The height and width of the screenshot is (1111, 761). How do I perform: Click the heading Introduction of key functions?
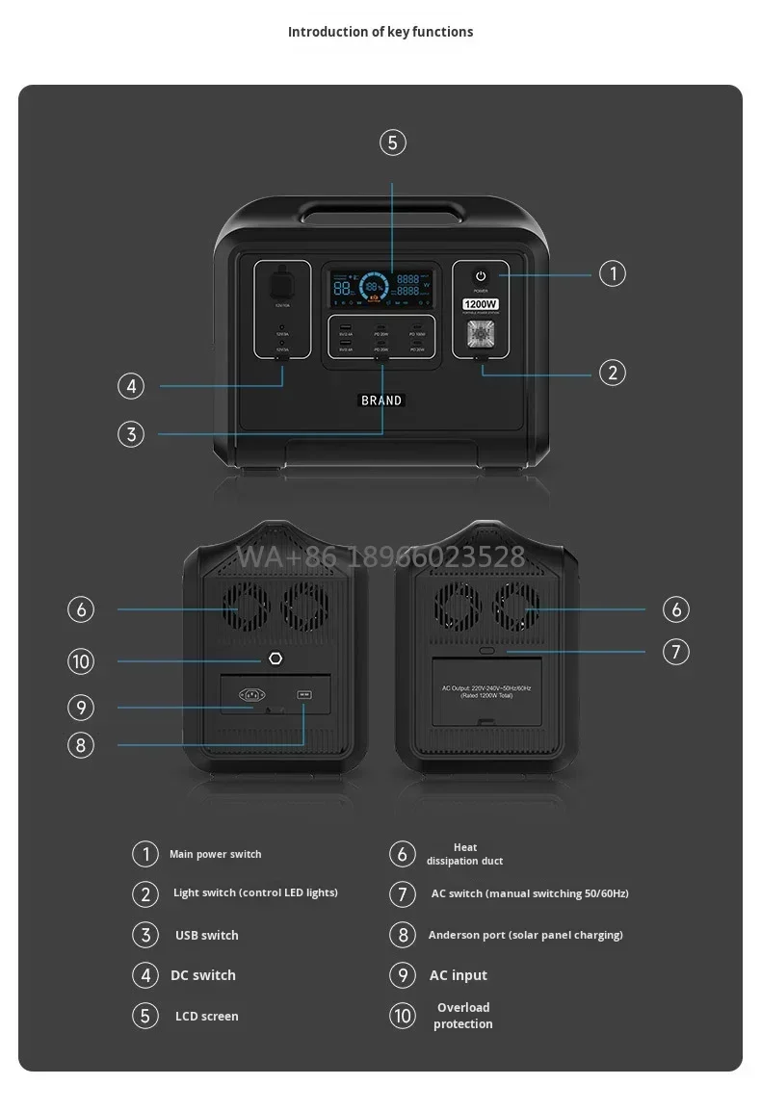pos(380,32)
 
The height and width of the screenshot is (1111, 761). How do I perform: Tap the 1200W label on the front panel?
pos(479,304)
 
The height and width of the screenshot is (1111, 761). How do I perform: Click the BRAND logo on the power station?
pos(381,400)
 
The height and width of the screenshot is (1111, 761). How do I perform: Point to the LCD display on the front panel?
pos(381,286)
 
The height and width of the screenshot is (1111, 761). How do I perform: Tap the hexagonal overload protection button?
pos(276,659)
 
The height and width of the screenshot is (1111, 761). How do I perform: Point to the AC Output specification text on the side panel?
pos(486,691)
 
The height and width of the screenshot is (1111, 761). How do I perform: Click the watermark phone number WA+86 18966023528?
pos(381,556)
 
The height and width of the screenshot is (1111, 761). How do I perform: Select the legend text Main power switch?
pos(215,854)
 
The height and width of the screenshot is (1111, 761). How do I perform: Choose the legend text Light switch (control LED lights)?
pos(255,892)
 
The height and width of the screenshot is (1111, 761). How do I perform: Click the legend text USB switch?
pos(206,935)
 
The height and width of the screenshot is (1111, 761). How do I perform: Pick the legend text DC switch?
pos(203,975)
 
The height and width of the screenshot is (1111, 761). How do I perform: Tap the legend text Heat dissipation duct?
pos(464,854)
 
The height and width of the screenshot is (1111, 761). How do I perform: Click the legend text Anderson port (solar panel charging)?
pos(525,935)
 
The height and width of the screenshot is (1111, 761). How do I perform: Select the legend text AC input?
pos(458,975)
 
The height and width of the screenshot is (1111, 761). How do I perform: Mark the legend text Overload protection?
pos(463,1016)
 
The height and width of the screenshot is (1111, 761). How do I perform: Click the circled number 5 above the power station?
pos(392,143)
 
